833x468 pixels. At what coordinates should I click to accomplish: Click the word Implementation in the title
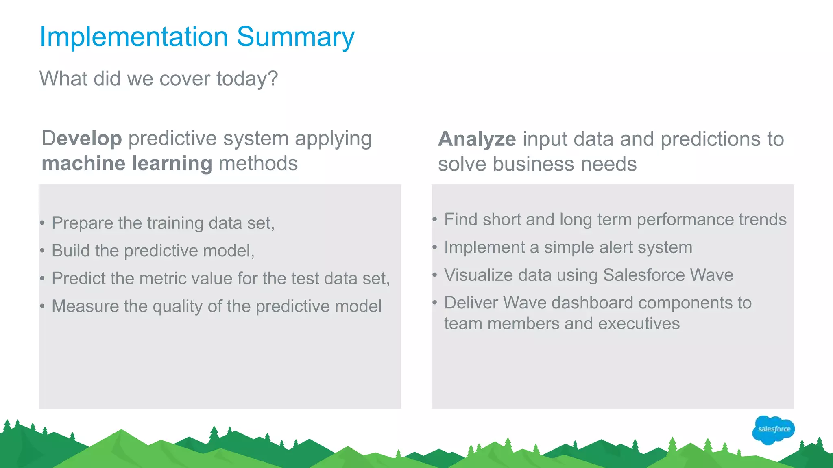[x=133, y=37]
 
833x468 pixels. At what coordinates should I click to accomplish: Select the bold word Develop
[x=82, y=139]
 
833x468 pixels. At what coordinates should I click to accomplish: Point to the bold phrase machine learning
[x=126, y=163]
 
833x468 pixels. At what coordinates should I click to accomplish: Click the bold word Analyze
[x=477, y=139]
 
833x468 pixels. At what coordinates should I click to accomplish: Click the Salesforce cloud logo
[x=773, y=429]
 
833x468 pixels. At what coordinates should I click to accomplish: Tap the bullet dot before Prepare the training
[x=42, y=223]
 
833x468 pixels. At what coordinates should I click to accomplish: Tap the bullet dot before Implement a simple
[x=434, y=247]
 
